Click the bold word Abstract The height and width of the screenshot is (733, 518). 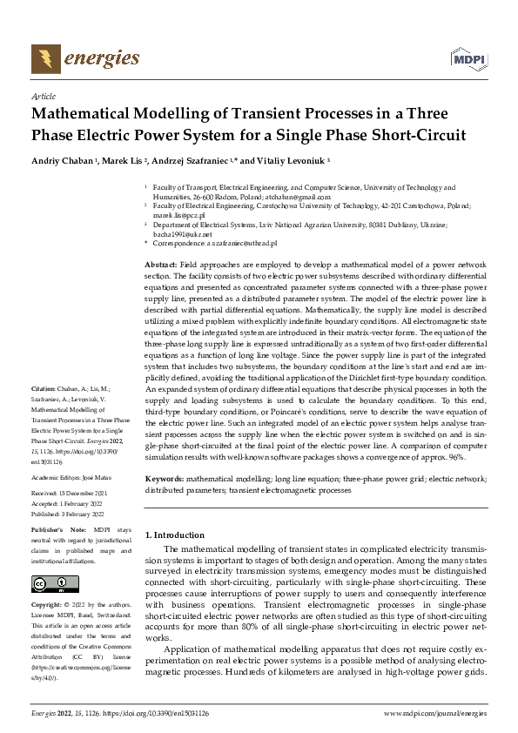[x=161, y=263]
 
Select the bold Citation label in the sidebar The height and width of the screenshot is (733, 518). [x=44, y=412]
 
